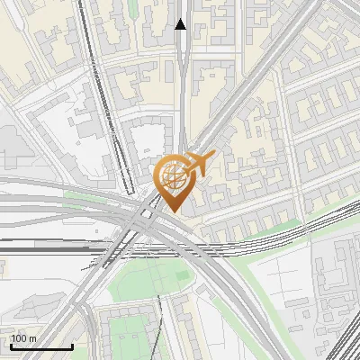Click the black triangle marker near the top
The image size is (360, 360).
coord(181,24)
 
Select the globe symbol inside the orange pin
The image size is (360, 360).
coord(172,175)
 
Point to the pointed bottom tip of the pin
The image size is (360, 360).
coord(174,211)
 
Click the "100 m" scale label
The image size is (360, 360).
coord(24,338)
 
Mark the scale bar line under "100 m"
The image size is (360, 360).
coord(41,346)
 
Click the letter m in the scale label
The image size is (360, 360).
coord(32,338)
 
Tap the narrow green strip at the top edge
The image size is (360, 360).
coord(132,7)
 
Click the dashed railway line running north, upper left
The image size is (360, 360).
coord(90,54)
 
